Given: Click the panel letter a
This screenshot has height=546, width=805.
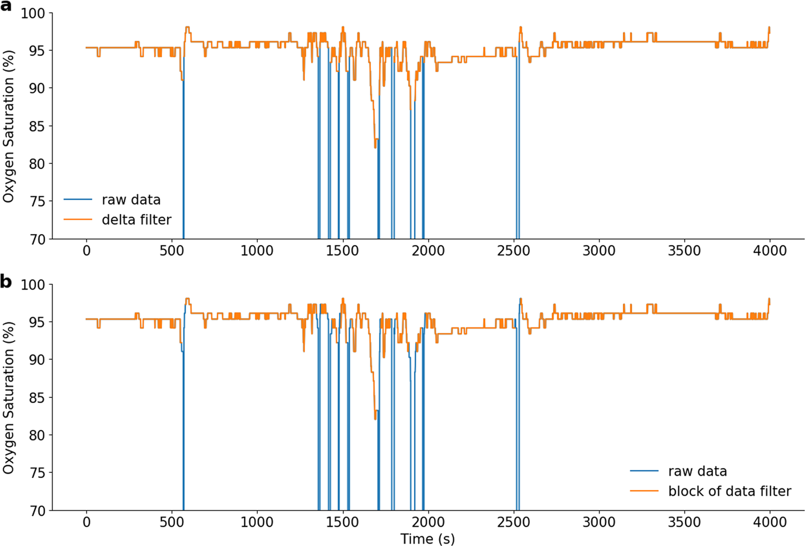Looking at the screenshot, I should click(6, 7).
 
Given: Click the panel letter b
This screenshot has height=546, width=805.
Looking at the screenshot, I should click(6, 282).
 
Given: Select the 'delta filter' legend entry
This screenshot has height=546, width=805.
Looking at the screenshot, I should click(136, 220).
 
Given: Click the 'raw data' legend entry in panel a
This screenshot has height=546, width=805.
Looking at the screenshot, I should click(131, 200).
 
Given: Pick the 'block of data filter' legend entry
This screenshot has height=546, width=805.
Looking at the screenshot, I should click(729, 491).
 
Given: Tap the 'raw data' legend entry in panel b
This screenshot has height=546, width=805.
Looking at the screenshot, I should click(697, 472).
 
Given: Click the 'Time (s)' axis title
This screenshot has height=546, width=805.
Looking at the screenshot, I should click(427, 539).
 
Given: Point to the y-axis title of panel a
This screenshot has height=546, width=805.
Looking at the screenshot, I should click(8, 126).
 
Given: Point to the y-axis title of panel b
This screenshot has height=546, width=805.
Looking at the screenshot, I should click(8, 398).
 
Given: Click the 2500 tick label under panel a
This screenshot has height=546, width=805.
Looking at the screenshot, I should click(513, 251).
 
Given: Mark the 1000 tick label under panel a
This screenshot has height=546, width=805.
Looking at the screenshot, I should click(257, 251).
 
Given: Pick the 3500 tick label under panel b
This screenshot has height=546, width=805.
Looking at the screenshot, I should click(684, 522).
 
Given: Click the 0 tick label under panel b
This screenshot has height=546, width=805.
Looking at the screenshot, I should click(86, 522).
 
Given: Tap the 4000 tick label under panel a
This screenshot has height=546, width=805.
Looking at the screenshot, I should click(770, 251).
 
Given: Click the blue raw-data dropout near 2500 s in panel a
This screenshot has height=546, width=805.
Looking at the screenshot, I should click(517, 173).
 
